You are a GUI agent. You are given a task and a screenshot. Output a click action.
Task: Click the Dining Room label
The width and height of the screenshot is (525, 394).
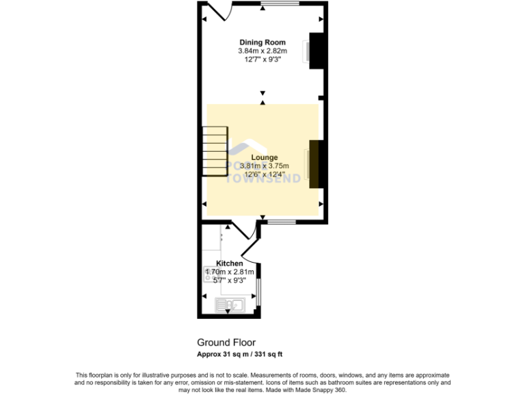coord(262,42)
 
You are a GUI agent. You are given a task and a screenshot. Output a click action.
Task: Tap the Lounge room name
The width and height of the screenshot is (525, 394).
coord(264,157)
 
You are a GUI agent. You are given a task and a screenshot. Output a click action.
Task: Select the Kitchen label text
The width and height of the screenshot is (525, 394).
coord(229,263)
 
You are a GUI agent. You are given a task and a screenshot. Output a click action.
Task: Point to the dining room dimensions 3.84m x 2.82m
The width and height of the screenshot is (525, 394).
coord(262,51)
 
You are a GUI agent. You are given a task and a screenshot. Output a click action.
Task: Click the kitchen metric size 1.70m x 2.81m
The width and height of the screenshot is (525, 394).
coord(230,272)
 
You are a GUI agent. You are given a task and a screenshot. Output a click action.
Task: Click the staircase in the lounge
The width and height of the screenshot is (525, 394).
coord(214,151)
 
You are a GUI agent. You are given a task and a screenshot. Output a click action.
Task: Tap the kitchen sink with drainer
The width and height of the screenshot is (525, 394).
coord(230,305)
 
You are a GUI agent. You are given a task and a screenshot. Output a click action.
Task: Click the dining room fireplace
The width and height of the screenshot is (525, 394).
coord(317,51)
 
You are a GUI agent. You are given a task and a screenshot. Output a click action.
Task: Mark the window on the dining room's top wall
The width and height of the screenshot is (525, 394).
coord(279,4)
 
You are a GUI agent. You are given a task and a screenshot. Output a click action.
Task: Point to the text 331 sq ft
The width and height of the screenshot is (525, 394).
coord(269,354)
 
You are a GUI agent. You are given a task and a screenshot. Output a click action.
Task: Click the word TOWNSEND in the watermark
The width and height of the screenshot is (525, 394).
coord(262,179)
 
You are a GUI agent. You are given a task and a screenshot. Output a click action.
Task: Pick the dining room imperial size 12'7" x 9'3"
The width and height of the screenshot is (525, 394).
coord(262,60)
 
